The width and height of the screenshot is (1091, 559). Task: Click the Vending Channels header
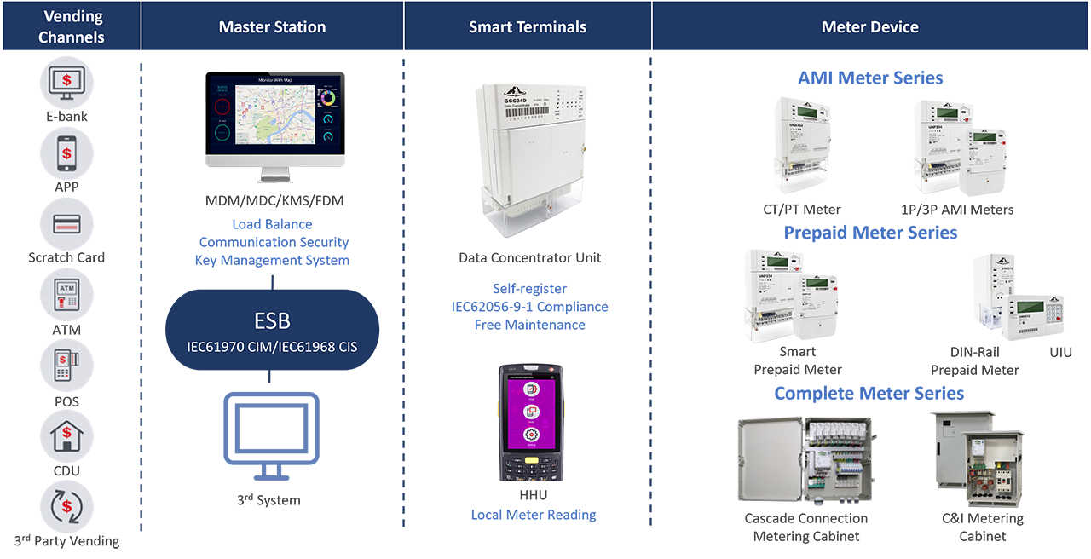point(72,27)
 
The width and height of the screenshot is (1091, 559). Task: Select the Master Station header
point(272,27)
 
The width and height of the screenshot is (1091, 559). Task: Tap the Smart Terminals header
point(528,27)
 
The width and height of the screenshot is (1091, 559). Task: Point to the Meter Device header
point(869,27)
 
